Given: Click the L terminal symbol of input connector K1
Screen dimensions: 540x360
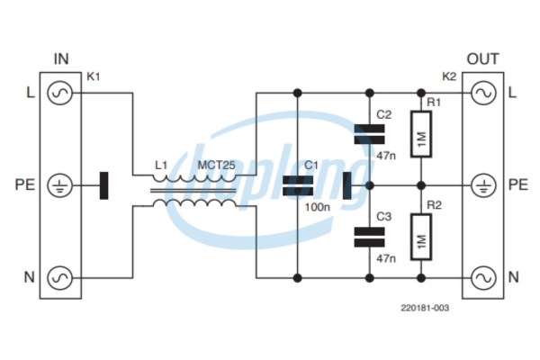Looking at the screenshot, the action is [59, 93].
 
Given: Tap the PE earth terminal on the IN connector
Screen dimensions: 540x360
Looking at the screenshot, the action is [59, 185].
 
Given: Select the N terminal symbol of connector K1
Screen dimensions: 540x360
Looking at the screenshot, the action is [59, 278].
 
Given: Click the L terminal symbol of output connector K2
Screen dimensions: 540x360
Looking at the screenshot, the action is [483, 93].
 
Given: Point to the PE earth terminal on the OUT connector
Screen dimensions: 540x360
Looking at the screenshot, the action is [483, 185].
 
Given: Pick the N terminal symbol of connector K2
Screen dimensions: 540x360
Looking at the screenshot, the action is [483, 278].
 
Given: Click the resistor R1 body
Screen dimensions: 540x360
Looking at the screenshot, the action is [421, 134].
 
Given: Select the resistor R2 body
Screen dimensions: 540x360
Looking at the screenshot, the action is [421, 237].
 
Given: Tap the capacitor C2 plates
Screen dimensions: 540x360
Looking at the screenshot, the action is [370, 134].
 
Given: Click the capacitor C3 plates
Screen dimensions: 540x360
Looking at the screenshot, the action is [370, 237].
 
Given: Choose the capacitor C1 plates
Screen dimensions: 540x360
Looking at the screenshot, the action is [298, 185].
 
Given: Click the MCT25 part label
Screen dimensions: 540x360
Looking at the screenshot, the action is [216, 166].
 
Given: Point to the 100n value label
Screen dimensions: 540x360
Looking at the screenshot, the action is [317, 207].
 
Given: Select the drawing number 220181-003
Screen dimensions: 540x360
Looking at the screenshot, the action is [425, 308].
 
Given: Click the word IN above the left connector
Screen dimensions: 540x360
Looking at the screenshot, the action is [61, 58].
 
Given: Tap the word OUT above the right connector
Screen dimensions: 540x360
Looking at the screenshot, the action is [482, 58].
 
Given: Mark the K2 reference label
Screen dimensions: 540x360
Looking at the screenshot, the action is [449, 76].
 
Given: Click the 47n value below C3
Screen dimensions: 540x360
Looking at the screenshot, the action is [386, 258].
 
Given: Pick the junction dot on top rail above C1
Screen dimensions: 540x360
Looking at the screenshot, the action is [298, 93].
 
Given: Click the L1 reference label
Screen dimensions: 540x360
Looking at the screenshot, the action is [161, 166].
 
